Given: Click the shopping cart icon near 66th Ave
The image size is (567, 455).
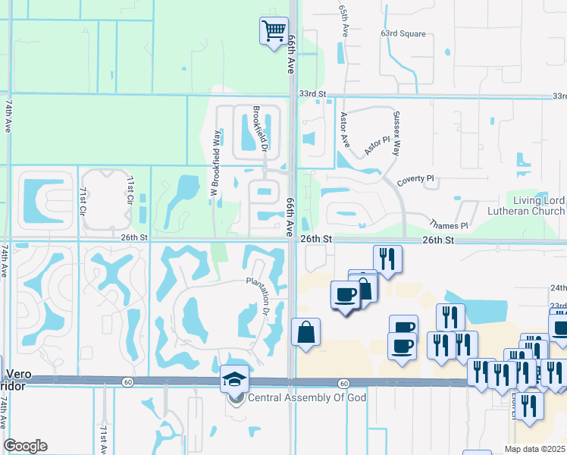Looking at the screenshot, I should (x=274, y=31).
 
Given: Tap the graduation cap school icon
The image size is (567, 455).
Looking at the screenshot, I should (x=234, y=378).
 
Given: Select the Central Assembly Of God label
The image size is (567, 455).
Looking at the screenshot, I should (x=307, y=398).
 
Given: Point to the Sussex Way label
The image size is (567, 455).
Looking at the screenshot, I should (x=396, y=133).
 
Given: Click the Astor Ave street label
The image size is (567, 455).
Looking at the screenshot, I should (x=344, y=130).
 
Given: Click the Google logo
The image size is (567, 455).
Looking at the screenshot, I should (x=25, y=446).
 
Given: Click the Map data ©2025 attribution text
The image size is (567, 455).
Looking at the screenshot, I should (x=534, y=449).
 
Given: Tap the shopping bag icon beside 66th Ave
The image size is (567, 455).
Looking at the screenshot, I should (x=305, y=331).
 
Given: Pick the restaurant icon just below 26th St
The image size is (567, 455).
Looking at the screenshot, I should (x=387, y=259).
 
